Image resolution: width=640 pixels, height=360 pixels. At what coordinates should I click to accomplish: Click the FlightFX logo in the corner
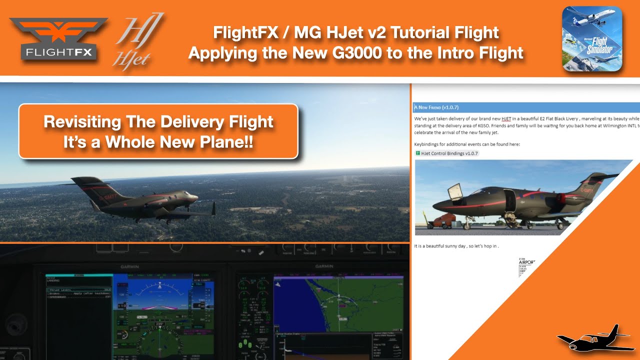pos(58,40)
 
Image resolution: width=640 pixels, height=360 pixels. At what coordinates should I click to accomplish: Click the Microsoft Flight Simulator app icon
pos(592,38)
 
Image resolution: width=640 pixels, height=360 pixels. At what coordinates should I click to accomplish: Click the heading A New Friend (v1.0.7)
pos(436,107)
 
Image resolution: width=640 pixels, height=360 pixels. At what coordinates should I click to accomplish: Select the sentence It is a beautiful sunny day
pos(456,246)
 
